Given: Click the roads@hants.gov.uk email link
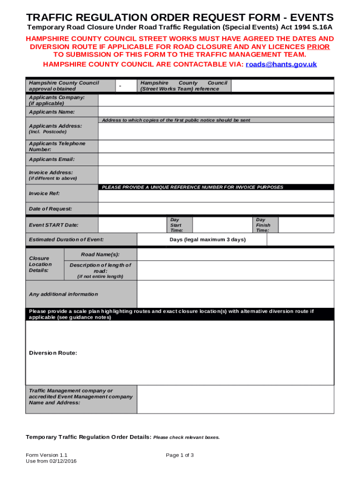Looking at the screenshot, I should [281, 65].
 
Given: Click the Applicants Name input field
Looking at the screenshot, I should [216, 112].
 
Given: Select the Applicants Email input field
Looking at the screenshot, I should [216, 160].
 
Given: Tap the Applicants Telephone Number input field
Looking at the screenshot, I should [216, 146].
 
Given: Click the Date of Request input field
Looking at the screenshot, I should [216, 209].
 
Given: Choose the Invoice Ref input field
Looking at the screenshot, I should [216, 196].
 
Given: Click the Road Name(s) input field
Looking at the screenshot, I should [235, 254].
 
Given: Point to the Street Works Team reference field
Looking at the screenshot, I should [282, 86].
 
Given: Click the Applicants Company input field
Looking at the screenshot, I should [216, 100].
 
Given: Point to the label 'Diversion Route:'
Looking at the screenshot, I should [53, 353].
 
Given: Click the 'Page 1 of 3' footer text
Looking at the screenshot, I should [180, 455].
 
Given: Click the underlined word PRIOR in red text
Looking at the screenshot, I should [318, 47].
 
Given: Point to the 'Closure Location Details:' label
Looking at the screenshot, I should [41, 264].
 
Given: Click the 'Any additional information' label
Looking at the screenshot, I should [64, 294].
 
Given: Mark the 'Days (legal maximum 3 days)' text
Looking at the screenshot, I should [207, 240].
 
